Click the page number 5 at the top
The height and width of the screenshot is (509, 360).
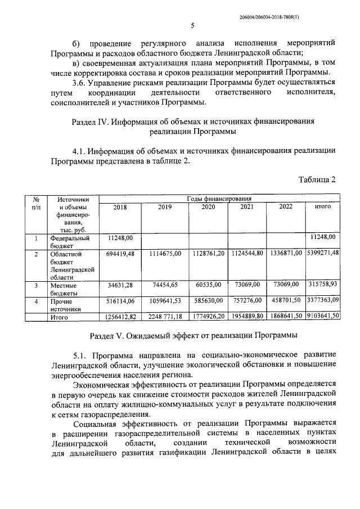coord(192,25)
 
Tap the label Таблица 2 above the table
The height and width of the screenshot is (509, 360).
coord(316,179)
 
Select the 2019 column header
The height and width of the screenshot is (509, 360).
coord(165,207)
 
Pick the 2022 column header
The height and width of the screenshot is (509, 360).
coord(286,207)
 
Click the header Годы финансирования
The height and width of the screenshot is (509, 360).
coord(219,199)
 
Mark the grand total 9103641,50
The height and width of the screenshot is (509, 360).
coord(323,317)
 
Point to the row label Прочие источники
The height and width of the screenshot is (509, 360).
coord(65,305)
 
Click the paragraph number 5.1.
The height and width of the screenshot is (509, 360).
coord(80,356)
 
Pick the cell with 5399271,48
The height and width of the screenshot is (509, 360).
coord(323,254)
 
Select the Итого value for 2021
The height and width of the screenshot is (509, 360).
coord(247,317)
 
